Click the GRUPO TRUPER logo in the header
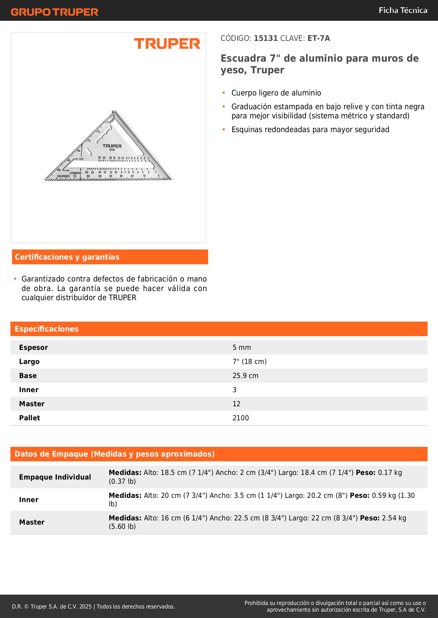click(x=54, y=12)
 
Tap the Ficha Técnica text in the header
click(x=403, y=11)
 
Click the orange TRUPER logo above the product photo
click(x=167, y=44)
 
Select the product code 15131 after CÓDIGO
click(x=266, y=38)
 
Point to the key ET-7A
click(x=318, y=38)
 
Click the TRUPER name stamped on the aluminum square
click(x=112, y=146)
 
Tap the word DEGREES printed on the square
click(x=64, y=176)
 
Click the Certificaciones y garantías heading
click(x=67, y=257)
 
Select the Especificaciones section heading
click(x=47, y=329)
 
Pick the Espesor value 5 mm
click(x=242, y=348)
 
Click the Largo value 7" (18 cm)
click(x=250, y=362)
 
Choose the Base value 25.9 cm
click(x=245, y=376)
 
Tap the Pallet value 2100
click(x=241, y=418)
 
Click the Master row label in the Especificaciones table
click(x=32, y=404)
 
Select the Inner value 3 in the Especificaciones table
click(x=235, y=390)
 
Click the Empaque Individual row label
click(x=55, y=477)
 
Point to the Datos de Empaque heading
click(x=115, y=454)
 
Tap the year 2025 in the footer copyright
click(x=85, y=607)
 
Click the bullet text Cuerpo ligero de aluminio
click(x=276, y=93)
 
